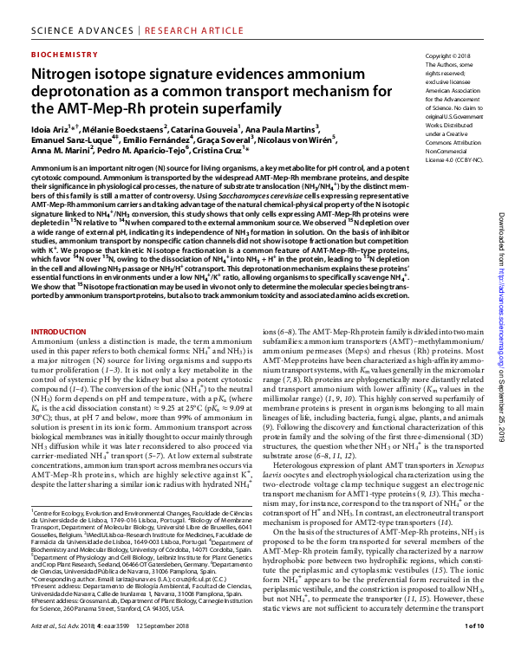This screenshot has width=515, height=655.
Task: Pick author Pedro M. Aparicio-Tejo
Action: click(143, 151)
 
